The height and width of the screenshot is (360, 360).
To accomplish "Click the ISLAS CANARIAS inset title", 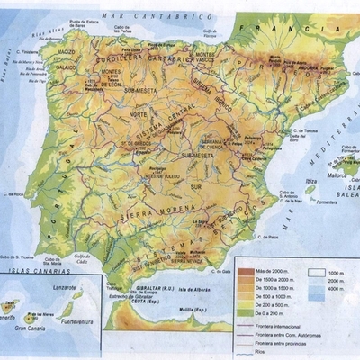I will pos(32,270).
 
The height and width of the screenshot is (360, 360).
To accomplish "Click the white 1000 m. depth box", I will pos(316,270).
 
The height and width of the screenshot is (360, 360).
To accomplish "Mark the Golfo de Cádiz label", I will pos(84,258).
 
